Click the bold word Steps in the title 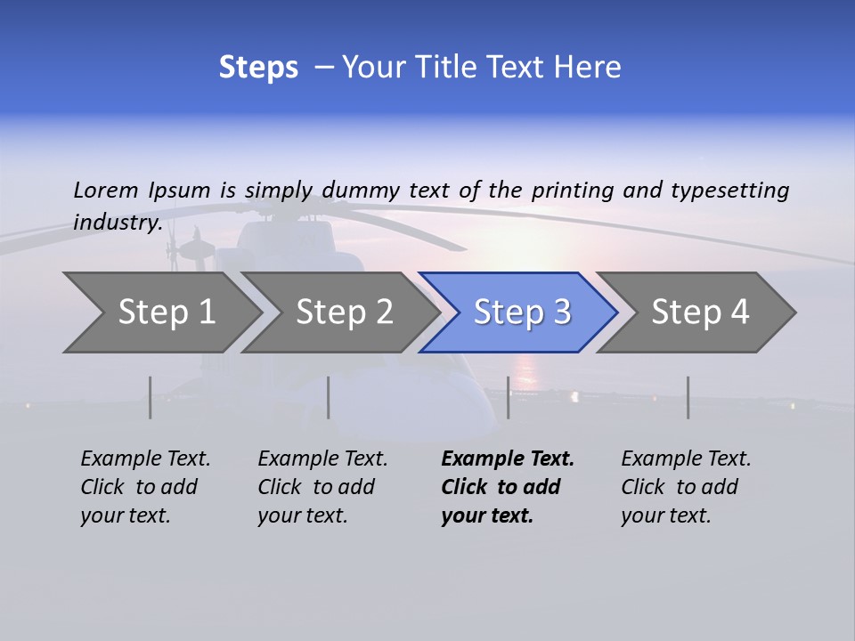coord(258,67)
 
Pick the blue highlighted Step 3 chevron coord(522,312)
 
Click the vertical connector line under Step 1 coord(150,397)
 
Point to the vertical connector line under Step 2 coord(329,397)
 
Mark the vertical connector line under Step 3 coord(508,397)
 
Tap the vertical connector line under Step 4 coord(688,397)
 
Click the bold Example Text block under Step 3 coord(508,487)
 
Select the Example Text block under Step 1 coord(145,487)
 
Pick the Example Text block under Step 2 coord(322,487)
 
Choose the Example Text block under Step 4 coord(686,487)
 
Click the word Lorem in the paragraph coord(106,190)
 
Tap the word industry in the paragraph coord(117,222)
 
